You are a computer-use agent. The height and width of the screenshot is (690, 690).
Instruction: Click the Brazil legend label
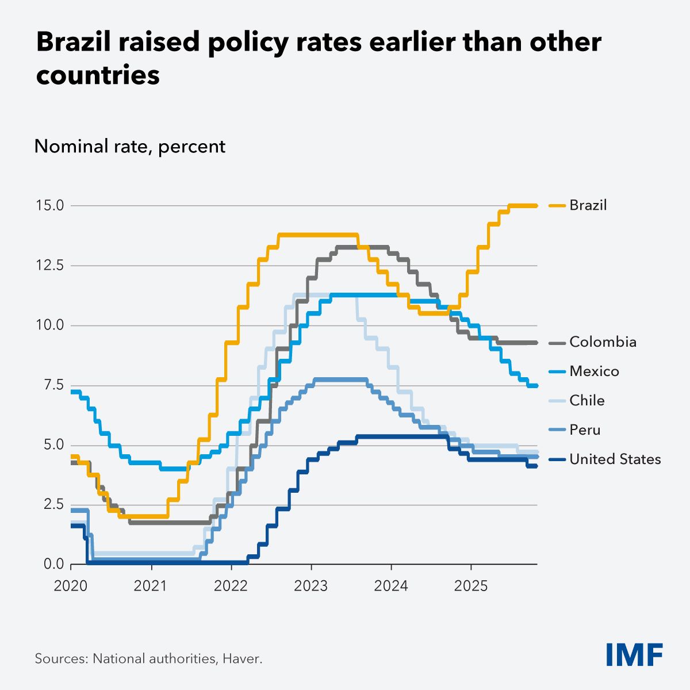588,205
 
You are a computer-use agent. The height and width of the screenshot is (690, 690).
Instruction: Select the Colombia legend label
603,342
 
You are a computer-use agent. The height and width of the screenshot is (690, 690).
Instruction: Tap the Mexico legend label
594,371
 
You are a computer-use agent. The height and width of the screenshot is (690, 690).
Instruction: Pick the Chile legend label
586,401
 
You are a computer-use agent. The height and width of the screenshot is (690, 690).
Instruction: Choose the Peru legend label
585,430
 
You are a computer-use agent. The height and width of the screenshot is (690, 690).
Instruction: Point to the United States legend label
615,459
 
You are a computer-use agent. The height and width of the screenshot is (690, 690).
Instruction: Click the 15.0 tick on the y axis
50,205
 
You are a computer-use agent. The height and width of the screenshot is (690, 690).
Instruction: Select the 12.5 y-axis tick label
50,266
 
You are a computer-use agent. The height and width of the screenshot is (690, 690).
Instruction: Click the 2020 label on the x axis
71,586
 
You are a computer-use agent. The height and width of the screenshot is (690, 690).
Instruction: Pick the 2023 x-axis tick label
311,586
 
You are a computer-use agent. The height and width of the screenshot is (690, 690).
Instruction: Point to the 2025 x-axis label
471,586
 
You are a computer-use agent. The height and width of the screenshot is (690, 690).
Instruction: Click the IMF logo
634,654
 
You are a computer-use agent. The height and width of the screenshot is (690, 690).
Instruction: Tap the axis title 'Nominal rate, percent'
130,147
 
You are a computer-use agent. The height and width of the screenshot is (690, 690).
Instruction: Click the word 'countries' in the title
98,75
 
